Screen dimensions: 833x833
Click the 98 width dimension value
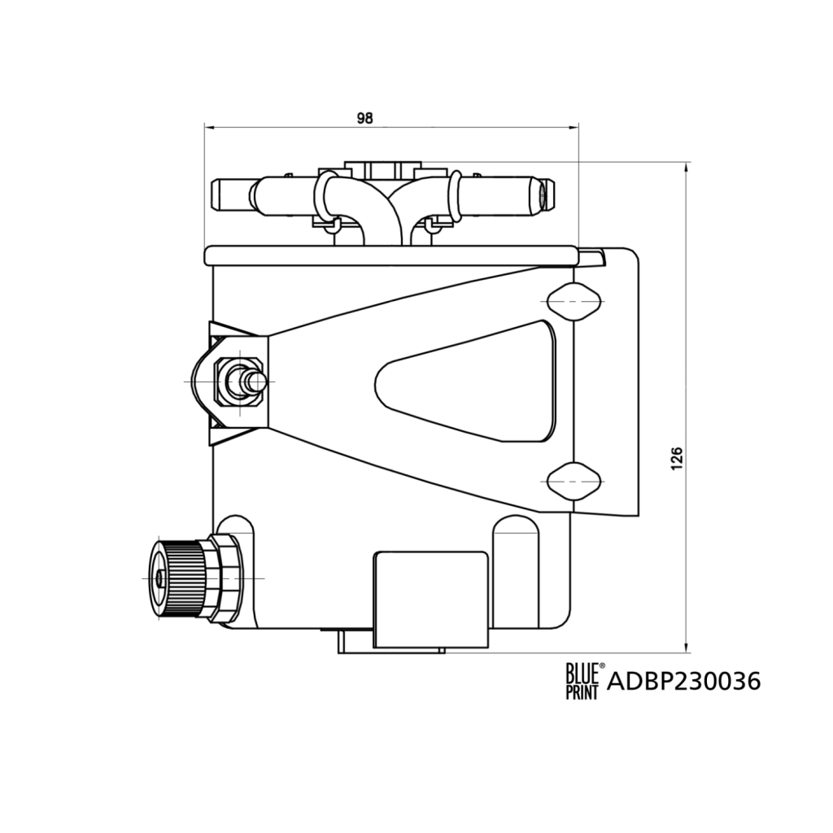pyautogui.click(x=364, y=118)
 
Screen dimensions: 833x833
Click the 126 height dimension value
pyautogui.click(x=677, y=459)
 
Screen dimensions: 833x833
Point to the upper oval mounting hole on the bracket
pyautogui.click(x=574, y=302)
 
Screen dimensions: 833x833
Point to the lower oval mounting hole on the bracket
pyautogui.click(x=574, y=481)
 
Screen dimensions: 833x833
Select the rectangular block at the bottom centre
pyautogui.click(x=430, y=599)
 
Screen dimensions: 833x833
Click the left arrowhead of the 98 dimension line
pyautogui.click(x=209, y=127)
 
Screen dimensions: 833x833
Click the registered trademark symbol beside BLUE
pyautogui.click(x=602, y=666)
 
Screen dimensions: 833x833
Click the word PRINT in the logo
pyautogui.click(x=582, y=691)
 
